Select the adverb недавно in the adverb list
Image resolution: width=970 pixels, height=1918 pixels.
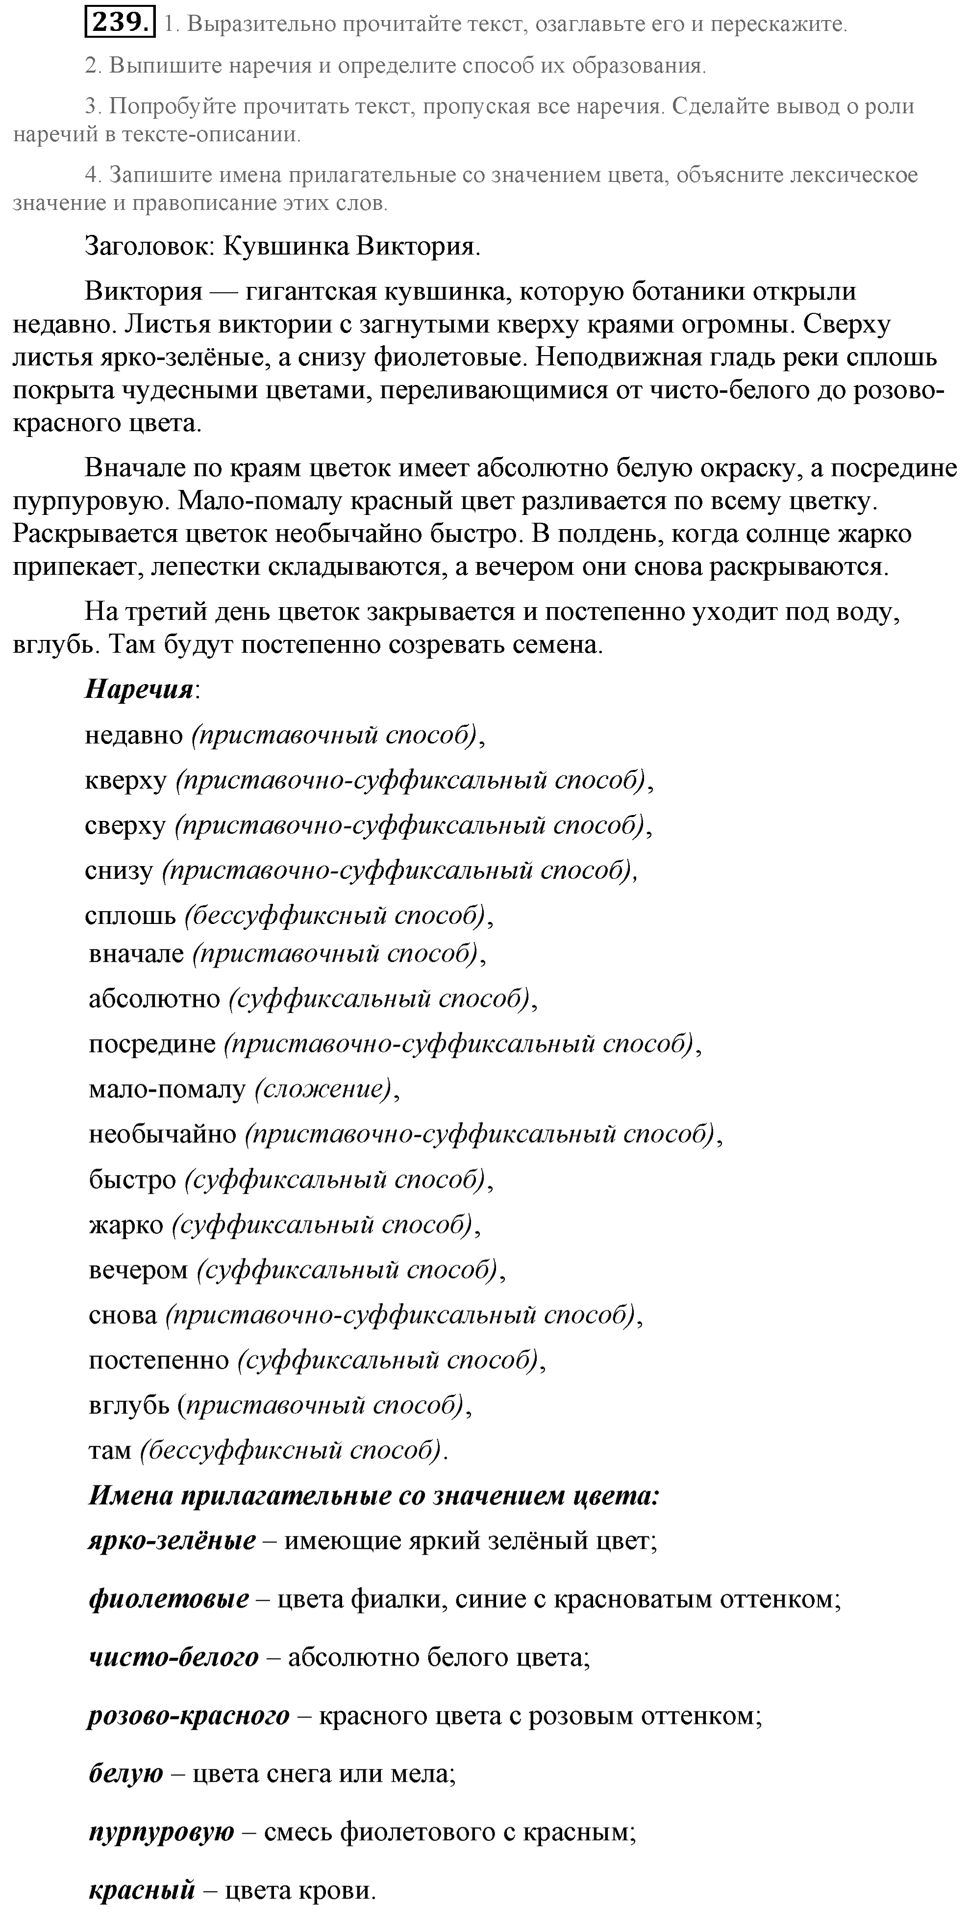134,735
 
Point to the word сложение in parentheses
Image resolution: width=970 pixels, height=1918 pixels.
323,1089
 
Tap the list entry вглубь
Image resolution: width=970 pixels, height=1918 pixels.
129,1405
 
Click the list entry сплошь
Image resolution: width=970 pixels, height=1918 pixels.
130,915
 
